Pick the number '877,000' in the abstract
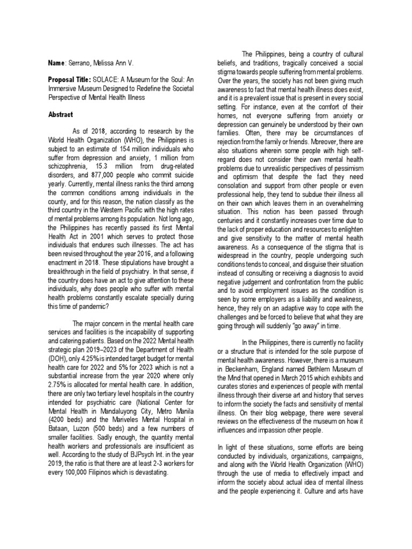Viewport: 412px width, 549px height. tap(99, 166)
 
